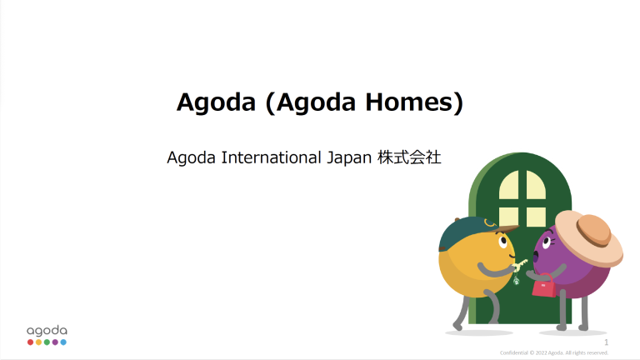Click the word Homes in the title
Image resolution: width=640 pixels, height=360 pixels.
tap(414, 102)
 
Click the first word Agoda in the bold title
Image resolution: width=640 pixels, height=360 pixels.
tap(213, 102)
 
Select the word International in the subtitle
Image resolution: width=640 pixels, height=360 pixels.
tap(268, 157)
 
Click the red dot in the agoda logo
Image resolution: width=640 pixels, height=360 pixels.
tap(30, 342)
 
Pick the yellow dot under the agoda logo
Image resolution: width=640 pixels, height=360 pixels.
tap(38, 342)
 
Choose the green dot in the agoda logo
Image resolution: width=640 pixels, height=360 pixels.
tap(47, 342)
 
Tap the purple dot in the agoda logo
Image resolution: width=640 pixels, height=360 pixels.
tap(55, 342)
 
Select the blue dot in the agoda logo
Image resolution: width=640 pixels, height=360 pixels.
tap(63, 342)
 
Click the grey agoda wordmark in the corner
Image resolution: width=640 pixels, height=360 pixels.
tap(47, 330)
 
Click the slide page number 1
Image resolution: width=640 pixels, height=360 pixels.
tap(606, 342)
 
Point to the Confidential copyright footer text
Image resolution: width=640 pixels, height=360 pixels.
tap(554, 352)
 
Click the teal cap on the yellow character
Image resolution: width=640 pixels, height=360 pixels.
tap(467, 232)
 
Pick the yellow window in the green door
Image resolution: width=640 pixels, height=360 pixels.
tap(522, 197)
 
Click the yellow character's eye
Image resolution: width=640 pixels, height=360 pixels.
tap(502, 241)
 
